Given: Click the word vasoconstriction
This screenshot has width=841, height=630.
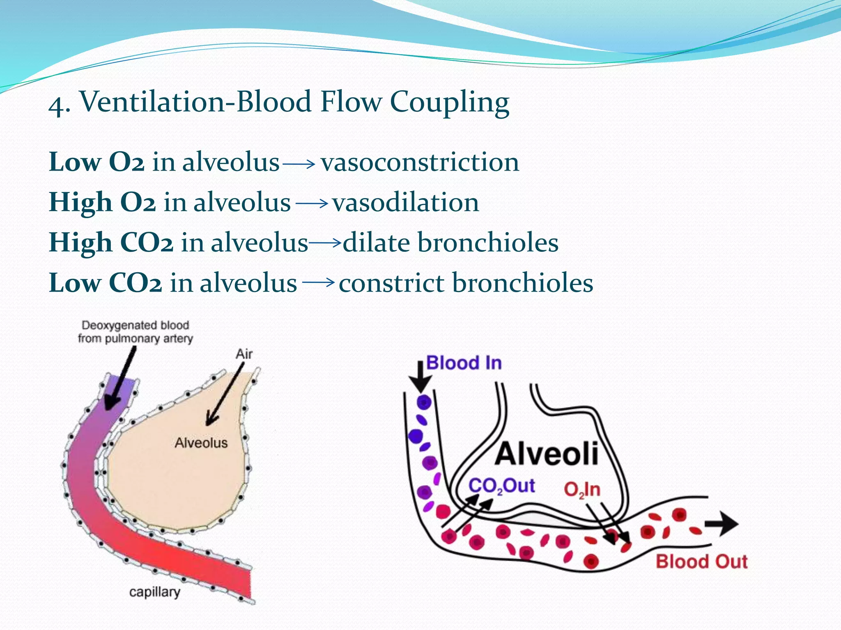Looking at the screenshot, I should coord(420,162).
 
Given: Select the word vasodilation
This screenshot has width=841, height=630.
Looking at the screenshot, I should coord(405,203).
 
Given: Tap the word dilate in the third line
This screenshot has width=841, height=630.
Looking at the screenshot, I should coord(376,242).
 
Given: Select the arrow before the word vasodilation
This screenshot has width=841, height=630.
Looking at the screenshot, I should coord(311,204).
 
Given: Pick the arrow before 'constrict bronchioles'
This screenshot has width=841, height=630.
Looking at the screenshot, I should coord(318,282).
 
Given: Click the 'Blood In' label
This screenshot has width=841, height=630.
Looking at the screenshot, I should coord(464,363).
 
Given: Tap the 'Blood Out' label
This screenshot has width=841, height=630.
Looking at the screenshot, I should coord(701,562).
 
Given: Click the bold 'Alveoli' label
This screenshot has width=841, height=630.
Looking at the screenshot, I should coord(546,454).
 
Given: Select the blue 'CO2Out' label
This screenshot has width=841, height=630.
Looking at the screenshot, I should coord(501,486).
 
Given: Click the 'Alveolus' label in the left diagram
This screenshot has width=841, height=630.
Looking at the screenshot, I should coord(201,443).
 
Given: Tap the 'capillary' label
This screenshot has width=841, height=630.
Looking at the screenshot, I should coord(154,592).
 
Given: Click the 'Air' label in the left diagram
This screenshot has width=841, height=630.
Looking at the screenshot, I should coord(244,354).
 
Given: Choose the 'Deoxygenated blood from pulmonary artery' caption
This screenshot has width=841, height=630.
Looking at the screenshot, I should coord(135,332).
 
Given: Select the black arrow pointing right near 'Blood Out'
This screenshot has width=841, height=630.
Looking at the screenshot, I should coord(722,524).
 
